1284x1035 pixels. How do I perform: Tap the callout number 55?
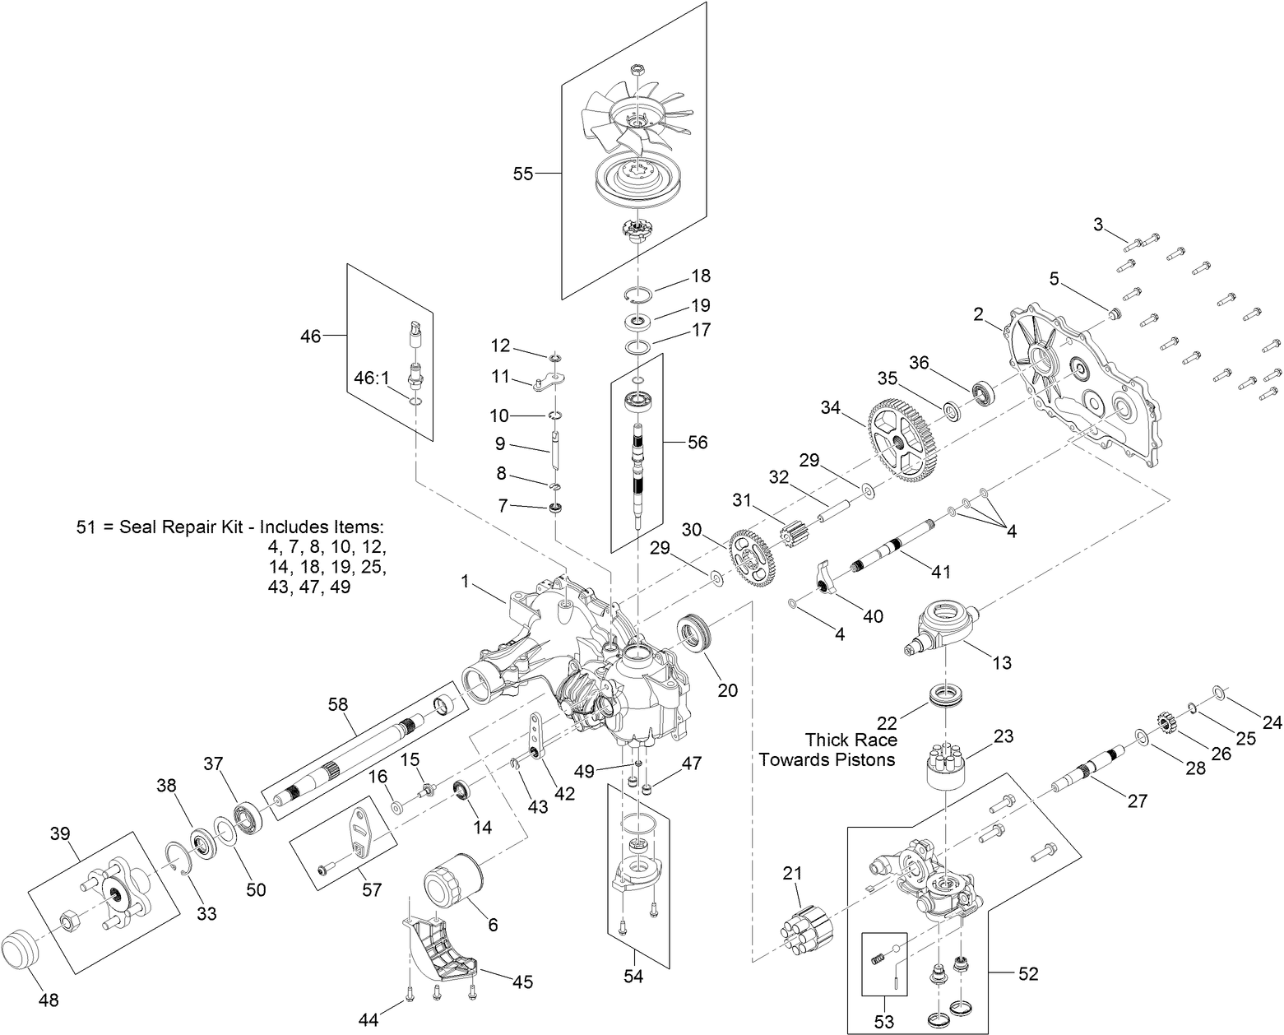click(x=523, y=174)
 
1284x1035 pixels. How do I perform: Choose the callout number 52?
click(x=1028, y=974)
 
